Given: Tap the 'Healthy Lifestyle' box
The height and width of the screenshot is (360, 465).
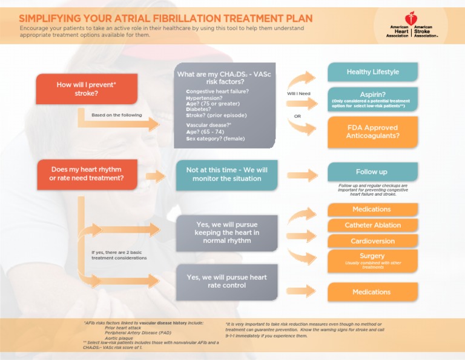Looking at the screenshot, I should coord(372,72).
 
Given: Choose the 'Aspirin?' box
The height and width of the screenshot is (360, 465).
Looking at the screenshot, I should coord(372,98).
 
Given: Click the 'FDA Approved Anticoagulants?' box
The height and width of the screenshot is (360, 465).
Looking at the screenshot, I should coord(372,132).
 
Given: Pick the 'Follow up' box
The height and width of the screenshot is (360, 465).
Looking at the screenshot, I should coord(372,172).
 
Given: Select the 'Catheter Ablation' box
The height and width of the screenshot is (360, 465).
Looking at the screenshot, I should coord(372,225).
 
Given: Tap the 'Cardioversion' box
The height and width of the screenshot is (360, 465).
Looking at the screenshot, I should coord(372,241).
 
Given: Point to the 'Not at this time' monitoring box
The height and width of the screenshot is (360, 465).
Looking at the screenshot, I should coord(227,175).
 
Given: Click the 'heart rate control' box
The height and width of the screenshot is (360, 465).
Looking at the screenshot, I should coord(227,281).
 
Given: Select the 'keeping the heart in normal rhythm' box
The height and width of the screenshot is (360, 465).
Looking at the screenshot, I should coord(227,233).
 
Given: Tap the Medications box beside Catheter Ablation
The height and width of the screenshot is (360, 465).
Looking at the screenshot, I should coord(372,210).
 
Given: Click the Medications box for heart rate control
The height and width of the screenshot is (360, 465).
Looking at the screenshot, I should coord(372,292).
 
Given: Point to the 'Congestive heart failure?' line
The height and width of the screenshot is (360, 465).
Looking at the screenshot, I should coord(217,91).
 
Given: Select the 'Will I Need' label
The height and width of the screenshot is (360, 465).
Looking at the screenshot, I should coord(298,93).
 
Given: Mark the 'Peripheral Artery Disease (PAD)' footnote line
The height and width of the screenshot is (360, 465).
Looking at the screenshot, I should coord(137,333).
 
